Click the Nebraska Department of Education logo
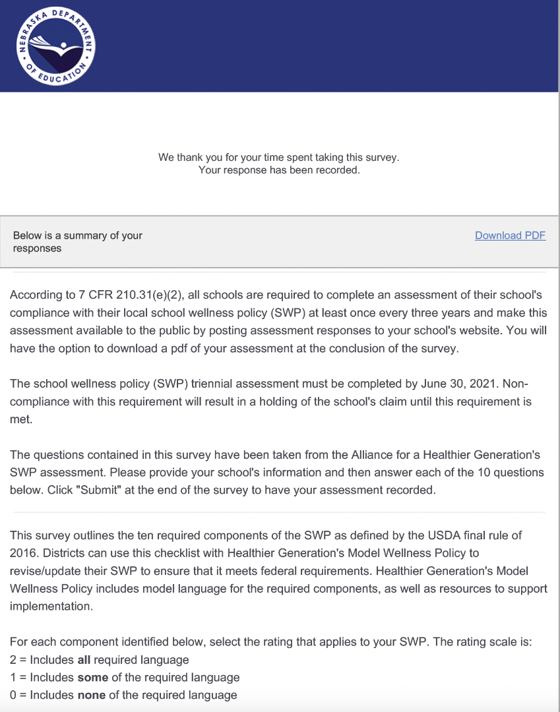click(56, 45)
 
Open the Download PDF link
click(510, 235)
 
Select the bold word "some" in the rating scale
click(92, 677)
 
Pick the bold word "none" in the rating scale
click(92, 695)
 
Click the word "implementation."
click(51, 606)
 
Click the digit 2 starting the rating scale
click(13, 660)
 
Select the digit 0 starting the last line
click(13, 695)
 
